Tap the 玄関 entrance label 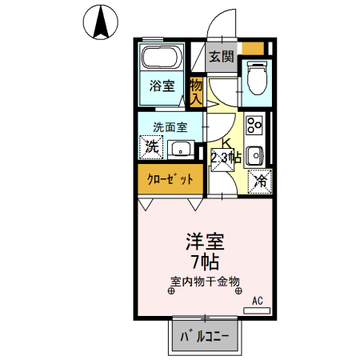click(x=222, y=56)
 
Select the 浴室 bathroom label click(x=162, y=86)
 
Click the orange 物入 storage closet click(x=196, y=90)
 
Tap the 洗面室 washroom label click(x=170, y=126)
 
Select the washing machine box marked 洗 click(x=150, y=146)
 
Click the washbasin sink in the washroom click(x=181, y=148)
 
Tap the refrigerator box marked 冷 click(x=259, y=181)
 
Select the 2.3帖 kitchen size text click(x=225, y=158)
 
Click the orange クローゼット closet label click(x=169, y=178)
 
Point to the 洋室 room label click(x=204, y=242)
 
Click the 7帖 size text click(x=204, y=261)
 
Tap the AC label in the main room click(x=257, y=300)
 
